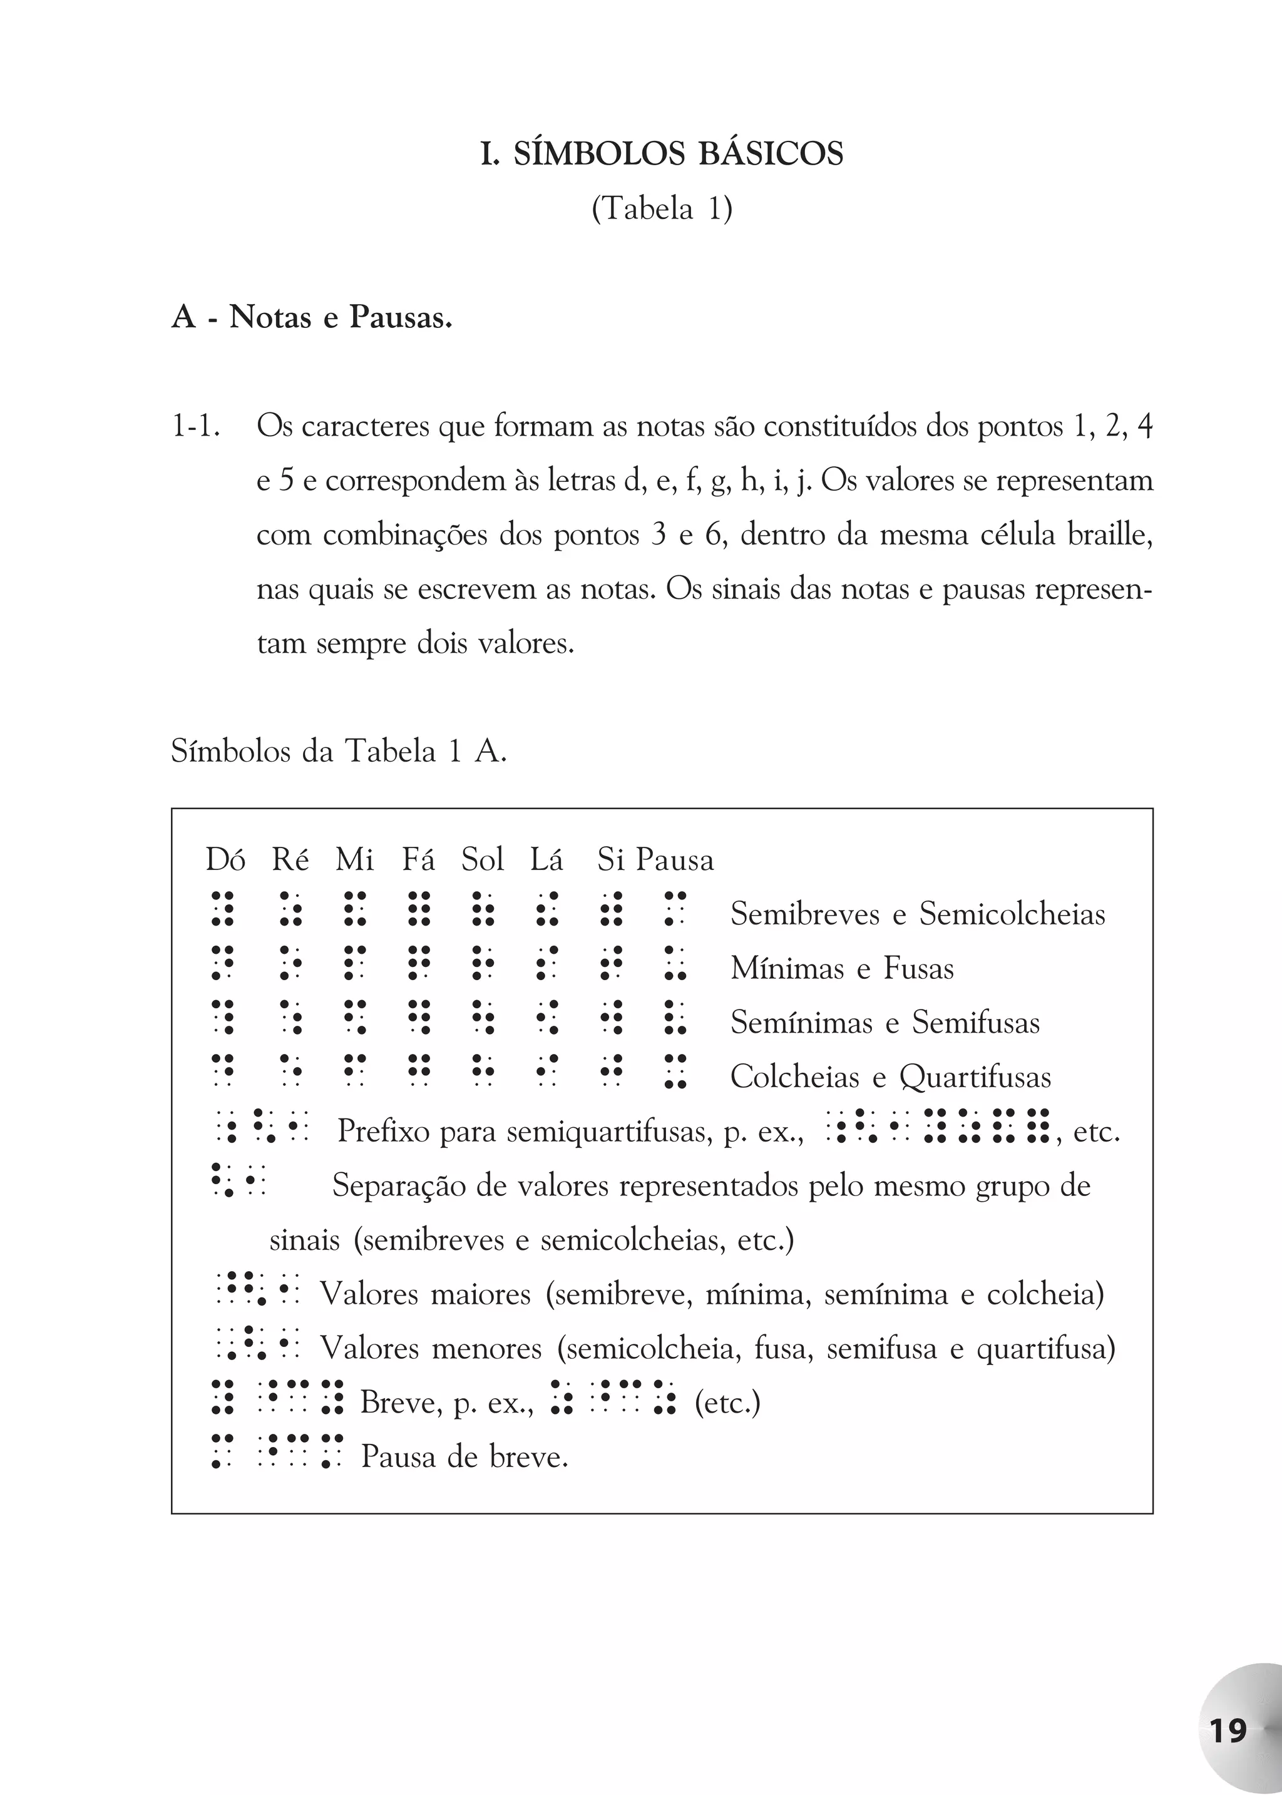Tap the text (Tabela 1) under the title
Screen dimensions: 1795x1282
[x=662, y=209]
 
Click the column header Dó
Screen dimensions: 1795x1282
[x=225, y=859]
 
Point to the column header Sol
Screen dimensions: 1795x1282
[x=483, y=859]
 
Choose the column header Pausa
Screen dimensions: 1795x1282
[x=675, y=859]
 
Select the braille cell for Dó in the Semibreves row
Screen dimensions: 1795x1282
[x=223, y=909]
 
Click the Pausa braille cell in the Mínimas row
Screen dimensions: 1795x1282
[x=675, y=963]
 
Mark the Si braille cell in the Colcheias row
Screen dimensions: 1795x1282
[x=611, y=1071]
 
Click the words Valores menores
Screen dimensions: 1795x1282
[x=430, y=1348]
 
